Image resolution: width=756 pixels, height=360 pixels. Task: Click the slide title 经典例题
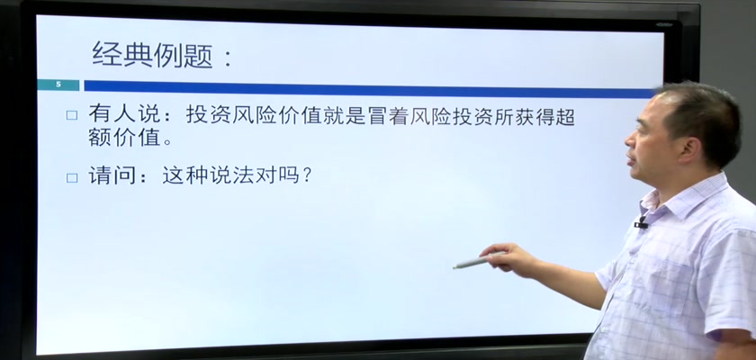(x=152, y=55)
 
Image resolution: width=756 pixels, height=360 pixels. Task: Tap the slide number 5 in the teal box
(x=58, y=85)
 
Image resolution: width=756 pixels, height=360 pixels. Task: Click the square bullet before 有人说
(x=72, y=115)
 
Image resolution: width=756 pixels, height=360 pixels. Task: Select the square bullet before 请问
(x=72, y=178)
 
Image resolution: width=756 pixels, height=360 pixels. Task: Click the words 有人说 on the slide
(x=123, y=115)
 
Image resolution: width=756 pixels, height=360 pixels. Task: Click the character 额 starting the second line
(x=99, y=138)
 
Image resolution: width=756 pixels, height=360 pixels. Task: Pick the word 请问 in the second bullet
(x=112, y=175)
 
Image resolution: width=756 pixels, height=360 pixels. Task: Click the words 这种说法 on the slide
(x=208, y=175)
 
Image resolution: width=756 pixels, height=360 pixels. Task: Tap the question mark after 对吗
(x=306, y=176)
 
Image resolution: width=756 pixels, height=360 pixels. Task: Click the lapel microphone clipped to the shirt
(x=641, y=223)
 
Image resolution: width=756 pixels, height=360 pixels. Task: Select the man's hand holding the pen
(x=508, y=259)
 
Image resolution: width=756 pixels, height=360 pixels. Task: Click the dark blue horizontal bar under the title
(x=370, y=89)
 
